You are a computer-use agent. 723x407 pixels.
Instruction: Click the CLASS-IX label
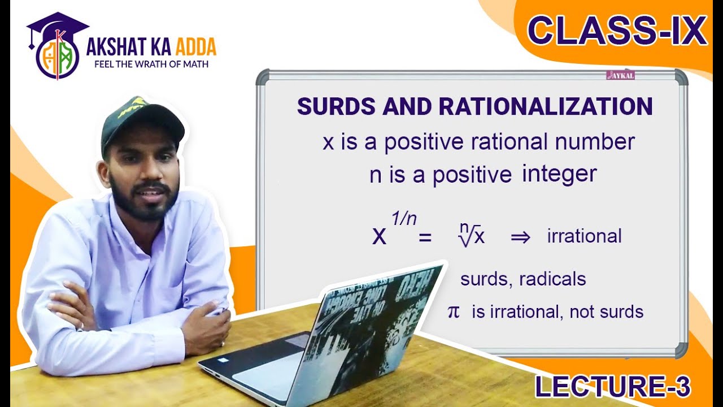point(616,32)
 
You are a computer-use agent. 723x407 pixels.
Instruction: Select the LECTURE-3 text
point(612,387)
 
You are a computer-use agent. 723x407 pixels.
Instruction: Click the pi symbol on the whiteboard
point(454,311)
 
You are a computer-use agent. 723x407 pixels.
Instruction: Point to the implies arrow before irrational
point(520,237)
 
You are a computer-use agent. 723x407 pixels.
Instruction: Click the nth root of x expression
point(472,235)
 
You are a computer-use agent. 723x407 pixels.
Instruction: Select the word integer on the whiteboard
point(559,174)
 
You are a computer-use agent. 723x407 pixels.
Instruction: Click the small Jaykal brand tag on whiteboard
point(620,75)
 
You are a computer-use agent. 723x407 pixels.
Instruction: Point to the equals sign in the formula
point(424,239)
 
